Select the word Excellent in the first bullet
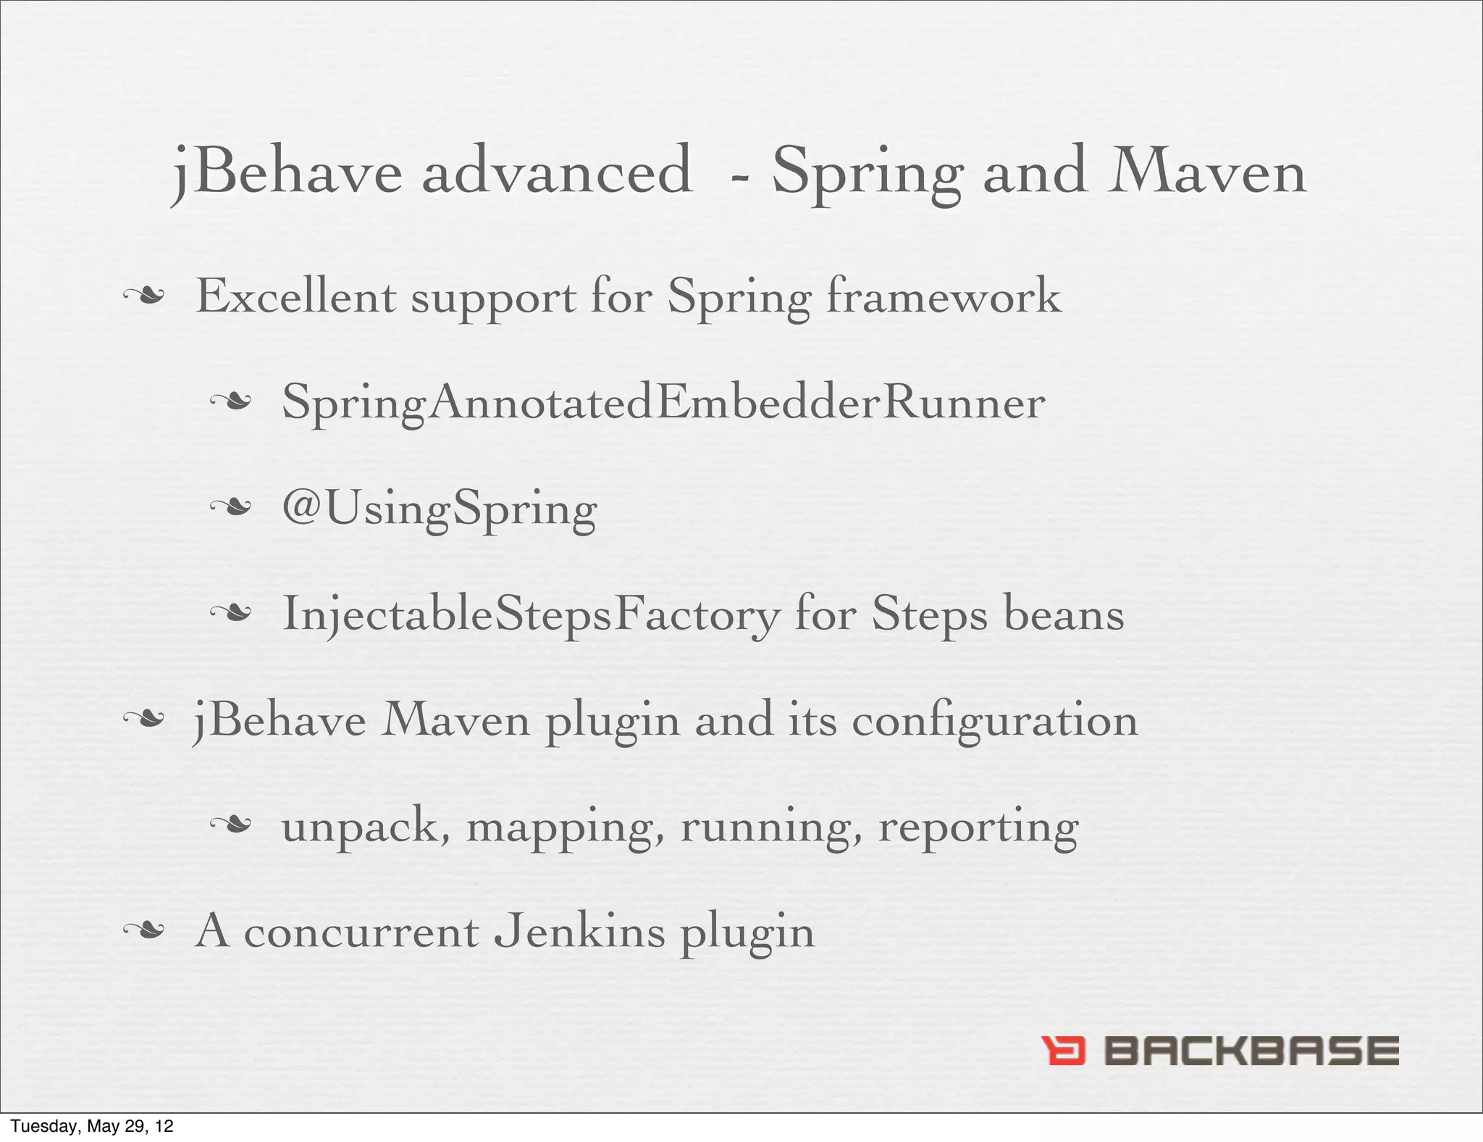pos(295,297)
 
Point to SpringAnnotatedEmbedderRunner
pos(663,403)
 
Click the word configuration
pos(994,720)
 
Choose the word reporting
pos(978,828)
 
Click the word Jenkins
pos(579,931)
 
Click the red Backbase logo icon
pos(1063,1051)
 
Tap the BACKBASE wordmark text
pos(1251,1051)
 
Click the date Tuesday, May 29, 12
pos(92,1126)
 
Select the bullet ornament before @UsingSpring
pos(230,508)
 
